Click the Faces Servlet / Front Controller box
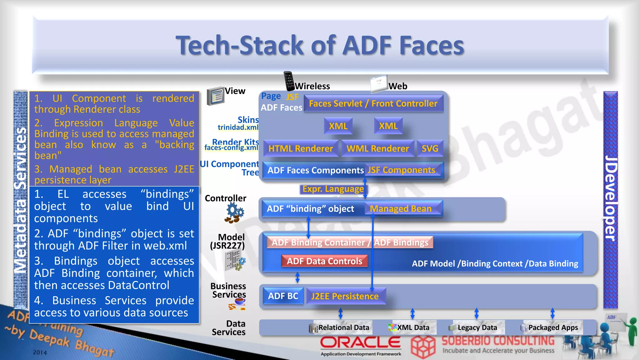pyautogui.click(x=373, y=103)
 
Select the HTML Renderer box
pyautogui.click(x=301, y=148)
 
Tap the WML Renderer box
pyautogui.click(x=377, y=148)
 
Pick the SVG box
pyautogui.click(x=430, y=148)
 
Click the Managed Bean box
pyautogui.click(x=401, y=208)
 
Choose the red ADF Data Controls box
pyautogui.click(x=324, y=261)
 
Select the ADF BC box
pyautogui.click(x=283, y=296)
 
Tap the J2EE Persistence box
pyautogui.click(x=345, y=296)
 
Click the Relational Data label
pyautogui.click(x=344, y=327)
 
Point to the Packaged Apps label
pyautogui.click(x=553, y=327)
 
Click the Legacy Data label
pyautogui.click(x=477, y=327)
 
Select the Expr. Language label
pyautogui.click(x=333, y=189)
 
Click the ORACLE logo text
pyautogui.click(x=360, y=343)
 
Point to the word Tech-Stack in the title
pyautogui.click(x=240, y=46)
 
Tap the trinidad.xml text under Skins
pyautogui.click(x=238, y=127)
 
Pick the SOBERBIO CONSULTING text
pyautogui.click(x=498, y=341)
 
